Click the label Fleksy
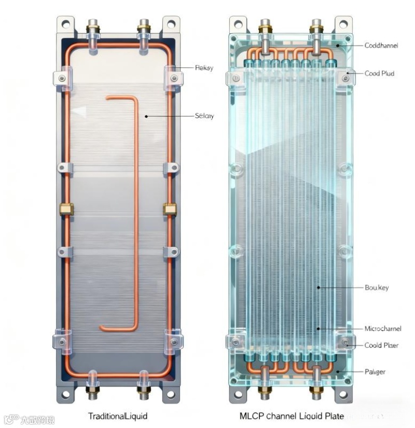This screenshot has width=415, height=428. tap(203, 67)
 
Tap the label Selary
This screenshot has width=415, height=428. tap(204, 116)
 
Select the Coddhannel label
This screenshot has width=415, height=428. tap(381, 46)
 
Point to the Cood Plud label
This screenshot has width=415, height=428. tap(379, 74)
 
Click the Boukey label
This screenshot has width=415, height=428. tap(377, 287)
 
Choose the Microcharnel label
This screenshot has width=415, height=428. tap(383, 328)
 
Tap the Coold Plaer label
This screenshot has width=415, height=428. tap(380, 345)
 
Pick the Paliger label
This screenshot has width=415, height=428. tap(375, 371)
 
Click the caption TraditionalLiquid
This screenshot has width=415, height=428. tap(118, 416)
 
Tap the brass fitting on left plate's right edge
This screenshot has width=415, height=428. tap(169, 209)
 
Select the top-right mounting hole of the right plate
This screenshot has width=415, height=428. tap(343, 23)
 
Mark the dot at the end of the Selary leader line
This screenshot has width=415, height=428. tap(147, 116)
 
